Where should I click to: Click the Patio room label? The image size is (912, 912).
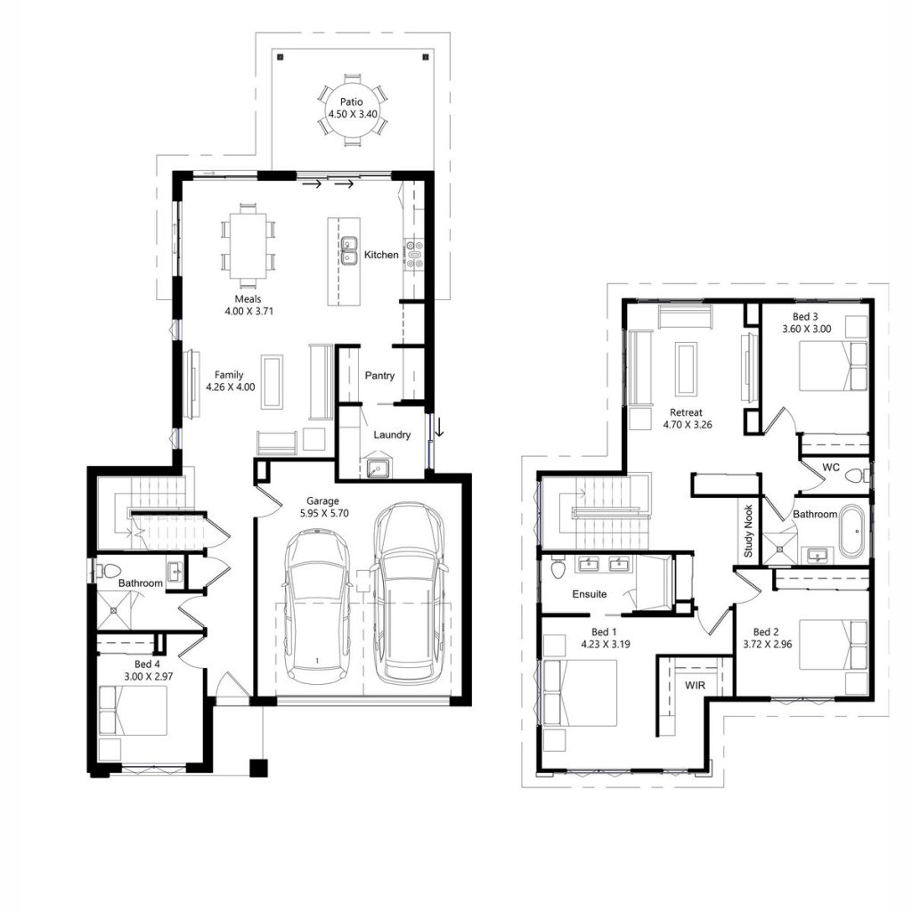point(351,102)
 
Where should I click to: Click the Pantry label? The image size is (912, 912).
point(379,376)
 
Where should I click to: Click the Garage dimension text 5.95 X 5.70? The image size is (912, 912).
point(325,514)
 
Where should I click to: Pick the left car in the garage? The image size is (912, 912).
point(317,606)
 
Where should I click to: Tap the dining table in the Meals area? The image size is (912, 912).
point(247,240)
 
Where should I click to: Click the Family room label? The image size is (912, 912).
point(228,375)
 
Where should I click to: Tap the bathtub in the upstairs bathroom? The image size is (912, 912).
point(851,532)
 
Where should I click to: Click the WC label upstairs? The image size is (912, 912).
point(831,467)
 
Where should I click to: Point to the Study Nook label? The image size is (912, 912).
point(748,532)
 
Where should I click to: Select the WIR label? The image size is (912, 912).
point(695,687)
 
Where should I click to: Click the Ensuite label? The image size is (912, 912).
point(590,593)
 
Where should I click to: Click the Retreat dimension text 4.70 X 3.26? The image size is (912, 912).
point(686,425)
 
